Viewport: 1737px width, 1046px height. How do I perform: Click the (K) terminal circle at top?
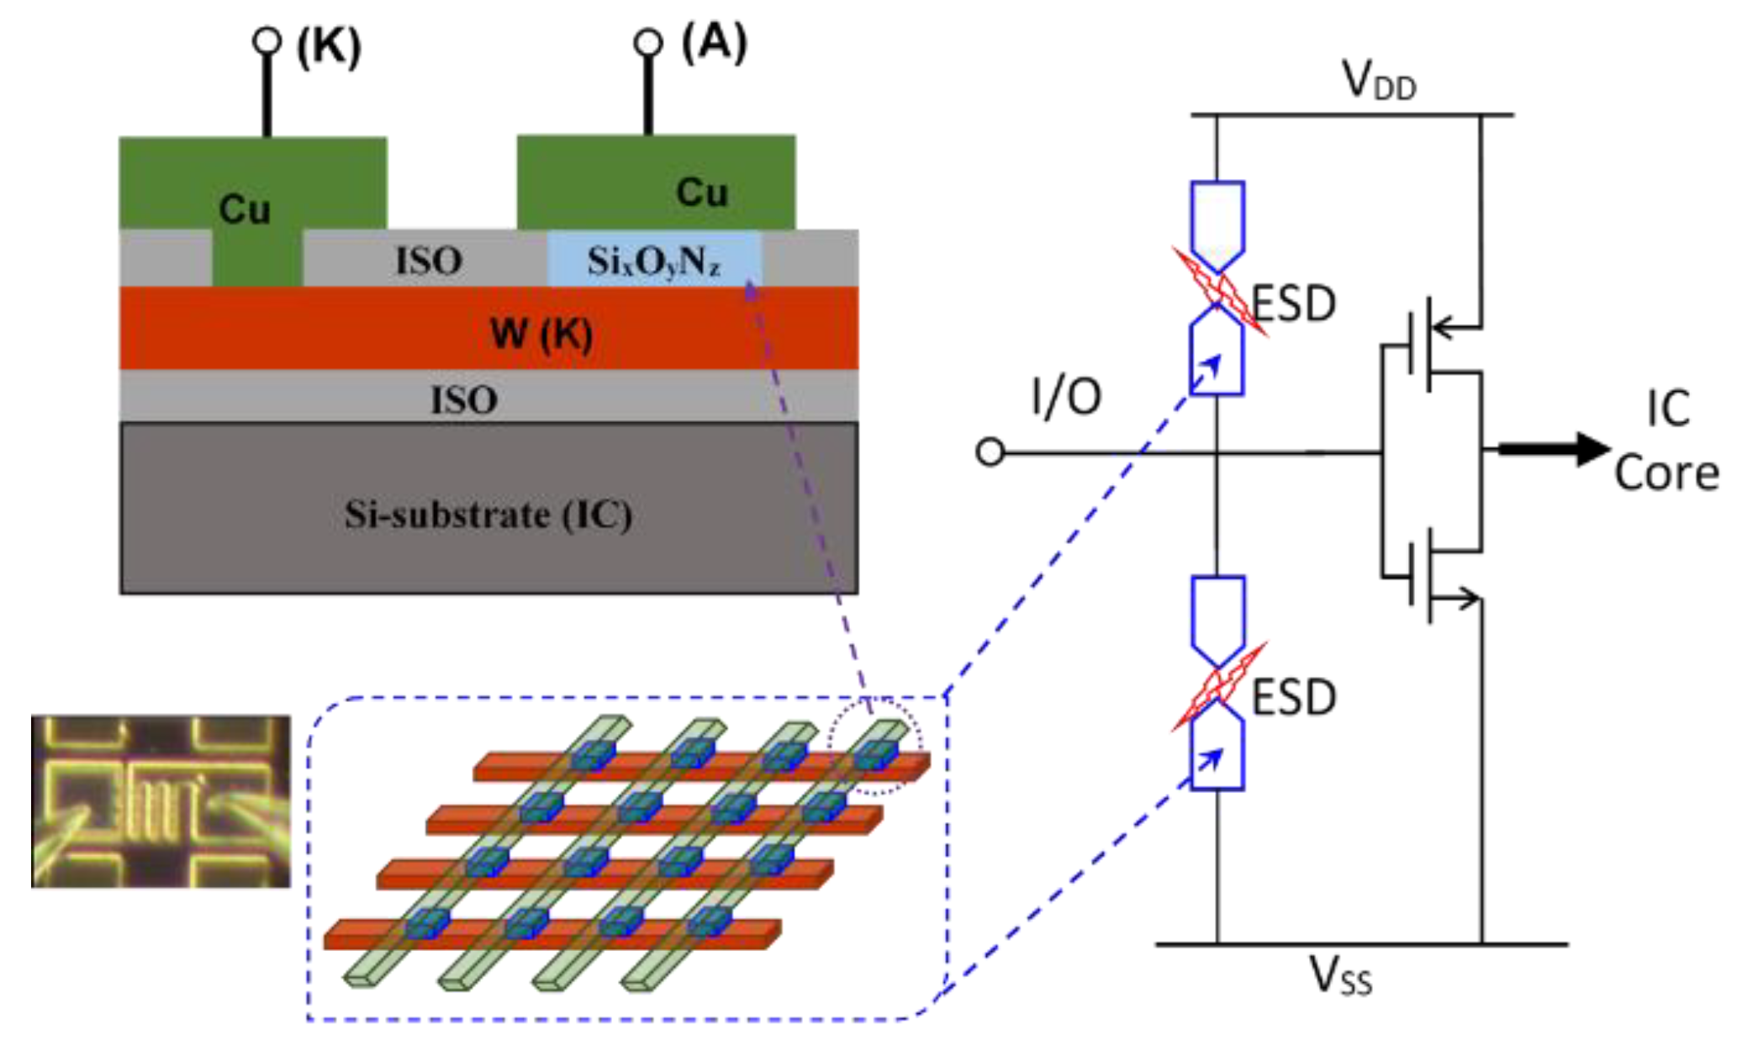(x=267, y=40)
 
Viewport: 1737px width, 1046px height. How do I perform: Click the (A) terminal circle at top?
(x=647, y=41)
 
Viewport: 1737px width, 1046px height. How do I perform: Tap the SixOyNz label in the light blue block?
(x=653, y=261)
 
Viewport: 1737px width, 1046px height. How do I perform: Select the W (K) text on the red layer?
(x=541, y=334)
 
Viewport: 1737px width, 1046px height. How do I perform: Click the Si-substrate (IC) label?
(x=488, y=515)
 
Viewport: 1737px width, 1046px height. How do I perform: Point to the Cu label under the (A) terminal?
(x=702, y=193)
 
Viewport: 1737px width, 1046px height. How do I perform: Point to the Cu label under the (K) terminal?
(x=245, y=209)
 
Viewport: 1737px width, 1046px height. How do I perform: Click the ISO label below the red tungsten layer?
(x=464, y=399)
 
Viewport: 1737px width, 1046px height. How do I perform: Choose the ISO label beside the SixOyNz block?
(x=429, y=261)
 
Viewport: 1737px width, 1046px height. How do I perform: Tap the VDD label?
(x=1379, y=82)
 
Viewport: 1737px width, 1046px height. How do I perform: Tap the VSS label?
(x=1340, y=977)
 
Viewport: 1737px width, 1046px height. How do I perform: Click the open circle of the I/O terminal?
(x=990, y=452)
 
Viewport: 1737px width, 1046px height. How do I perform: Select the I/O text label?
(x=1066, y=396)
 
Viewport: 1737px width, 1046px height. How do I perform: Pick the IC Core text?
(x=1666, y=441)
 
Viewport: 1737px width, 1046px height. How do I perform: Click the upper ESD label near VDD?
(x=1294, y=304)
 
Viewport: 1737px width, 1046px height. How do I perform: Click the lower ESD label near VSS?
(x=1294, y=697)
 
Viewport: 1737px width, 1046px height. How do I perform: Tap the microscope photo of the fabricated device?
(x=161, y=801)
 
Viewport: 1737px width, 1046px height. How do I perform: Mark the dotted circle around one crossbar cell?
(x=874, y=745)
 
